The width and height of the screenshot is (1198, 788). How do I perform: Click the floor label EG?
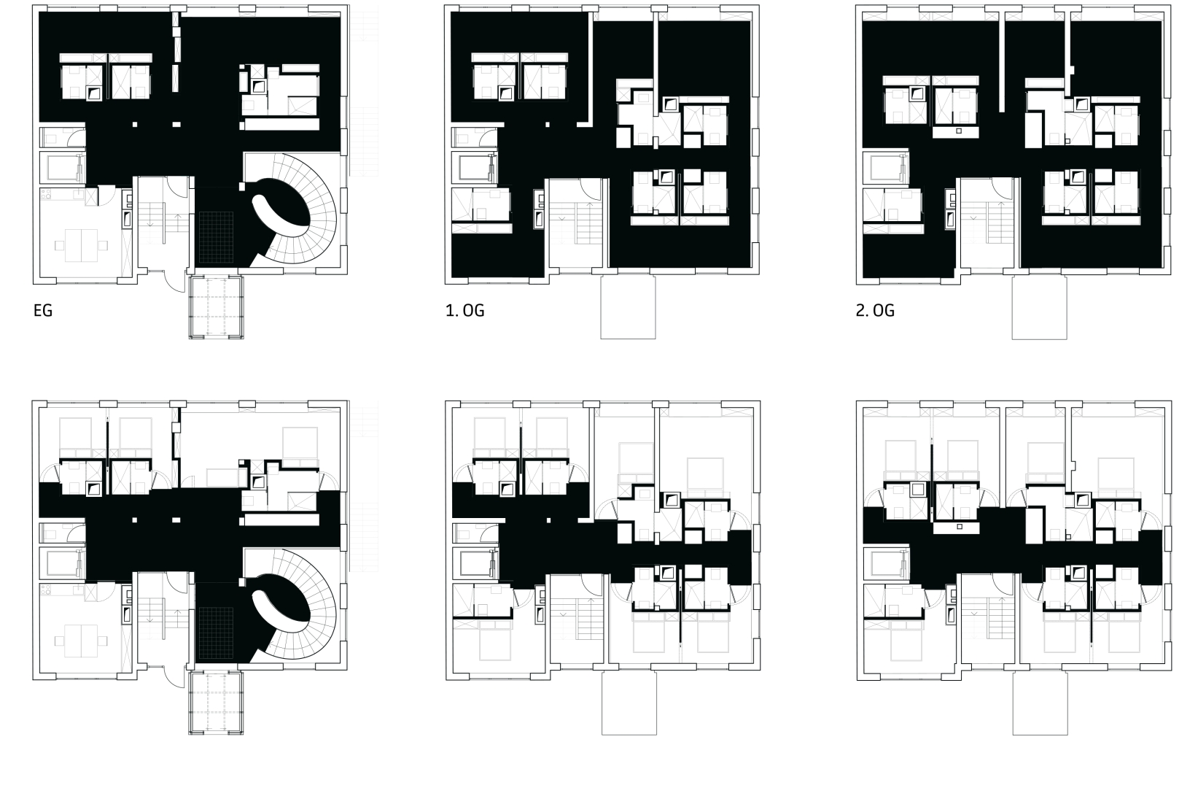[43, 311]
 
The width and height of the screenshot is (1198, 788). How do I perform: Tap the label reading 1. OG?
[464, 311]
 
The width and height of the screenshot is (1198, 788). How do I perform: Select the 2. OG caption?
[875, 311]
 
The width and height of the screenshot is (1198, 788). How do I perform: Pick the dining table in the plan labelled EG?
[81, 245]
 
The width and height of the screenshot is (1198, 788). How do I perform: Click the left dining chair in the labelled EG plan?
[59, 246]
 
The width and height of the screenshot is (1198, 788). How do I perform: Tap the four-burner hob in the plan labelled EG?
[46, 194]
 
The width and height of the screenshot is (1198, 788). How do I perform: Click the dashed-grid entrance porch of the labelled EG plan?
[216, 307]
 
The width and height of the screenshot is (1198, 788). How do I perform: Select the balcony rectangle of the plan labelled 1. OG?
[628, 307]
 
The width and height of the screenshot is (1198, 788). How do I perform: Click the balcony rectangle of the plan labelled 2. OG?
[1039, 308]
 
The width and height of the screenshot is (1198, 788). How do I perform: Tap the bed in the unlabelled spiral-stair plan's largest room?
[300, 441]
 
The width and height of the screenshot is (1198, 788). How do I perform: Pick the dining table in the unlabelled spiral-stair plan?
[81, 641]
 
